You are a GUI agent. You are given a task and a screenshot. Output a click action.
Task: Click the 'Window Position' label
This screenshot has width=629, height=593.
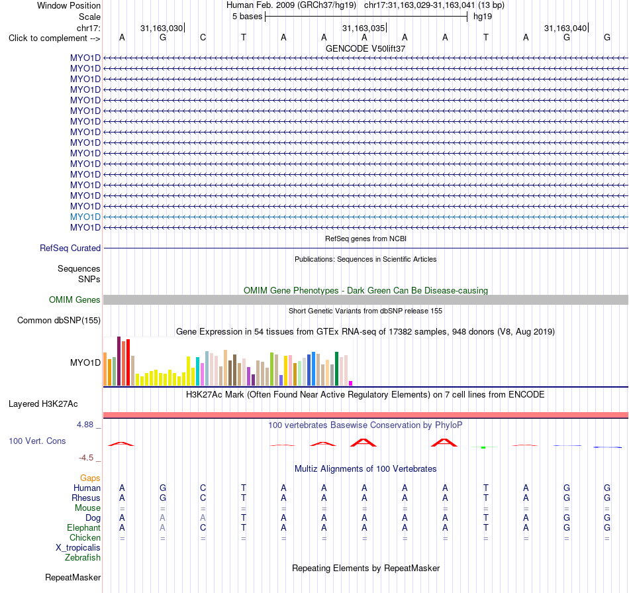coord(69,5)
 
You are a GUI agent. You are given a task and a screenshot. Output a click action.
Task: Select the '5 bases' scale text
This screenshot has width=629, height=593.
coord(247,17)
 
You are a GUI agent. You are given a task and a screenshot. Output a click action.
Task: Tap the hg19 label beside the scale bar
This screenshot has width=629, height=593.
coord(483,17)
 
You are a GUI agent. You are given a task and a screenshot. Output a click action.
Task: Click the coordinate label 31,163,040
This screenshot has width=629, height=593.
coord(565,28)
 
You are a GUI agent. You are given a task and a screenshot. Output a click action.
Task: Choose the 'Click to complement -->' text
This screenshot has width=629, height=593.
coord(54,38)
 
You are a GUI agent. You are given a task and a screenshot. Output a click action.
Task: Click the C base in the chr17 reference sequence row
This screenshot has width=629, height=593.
coord(203,38)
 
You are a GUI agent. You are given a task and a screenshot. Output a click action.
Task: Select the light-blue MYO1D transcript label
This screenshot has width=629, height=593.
coord(85,217)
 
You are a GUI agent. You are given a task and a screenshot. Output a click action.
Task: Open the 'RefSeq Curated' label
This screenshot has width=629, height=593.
coord(70,248)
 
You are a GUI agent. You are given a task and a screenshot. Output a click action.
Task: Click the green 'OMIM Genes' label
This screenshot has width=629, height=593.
coord(75,300)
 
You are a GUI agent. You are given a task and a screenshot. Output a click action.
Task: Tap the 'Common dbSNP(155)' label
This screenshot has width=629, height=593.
coord(59,321)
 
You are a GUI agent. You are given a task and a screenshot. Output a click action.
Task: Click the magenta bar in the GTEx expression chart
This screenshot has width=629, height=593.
coord(351,384)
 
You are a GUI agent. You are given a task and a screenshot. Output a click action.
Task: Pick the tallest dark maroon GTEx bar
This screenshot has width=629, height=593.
coord(119,361)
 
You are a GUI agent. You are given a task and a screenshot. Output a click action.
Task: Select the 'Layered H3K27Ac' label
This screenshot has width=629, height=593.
coord(43,404)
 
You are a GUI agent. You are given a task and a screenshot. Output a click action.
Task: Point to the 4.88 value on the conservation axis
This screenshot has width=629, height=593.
coord(85,425)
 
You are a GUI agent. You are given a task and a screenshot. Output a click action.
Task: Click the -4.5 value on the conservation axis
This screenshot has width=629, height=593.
coord(86,458)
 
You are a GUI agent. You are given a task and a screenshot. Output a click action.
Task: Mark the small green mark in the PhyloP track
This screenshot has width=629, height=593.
coord(483,447)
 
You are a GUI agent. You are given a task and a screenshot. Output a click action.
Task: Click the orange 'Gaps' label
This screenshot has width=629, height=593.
coord(90,478)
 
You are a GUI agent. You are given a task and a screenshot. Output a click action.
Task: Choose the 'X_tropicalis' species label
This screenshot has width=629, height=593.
coord(78,548)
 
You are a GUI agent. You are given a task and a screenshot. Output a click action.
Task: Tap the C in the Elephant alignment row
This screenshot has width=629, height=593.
coord(203,527)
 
